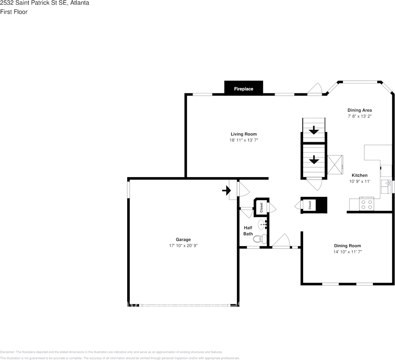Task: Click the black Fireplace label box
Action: tap(243, 89)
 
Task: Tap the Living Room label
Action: tap(243, 134)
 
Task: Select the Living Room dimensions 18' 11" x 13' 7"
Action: tap(243, 140)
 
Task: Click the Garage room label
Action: tap(183, 239)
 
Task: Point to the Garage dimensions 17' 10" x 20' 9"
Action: tap(183, 246)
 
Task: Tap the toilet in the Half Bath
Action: tap(259, 239)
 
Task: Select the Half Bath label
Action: tap(248, 231)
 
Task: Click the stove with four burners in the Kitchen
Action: tap(367, 204)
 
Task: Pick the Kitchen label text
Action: tap(359, 175)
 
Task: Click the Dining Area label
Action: tap(359, 110)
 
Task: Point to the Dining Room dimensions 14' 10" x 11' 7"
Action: tap(347, 252)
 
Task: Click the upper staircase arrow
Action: tap(314, 131)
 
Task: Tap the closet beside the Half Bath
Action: tap(261, 208)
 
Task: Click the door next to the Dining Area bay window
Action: tap(316, 90)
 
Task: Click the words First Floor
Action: tap(14, 12)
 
